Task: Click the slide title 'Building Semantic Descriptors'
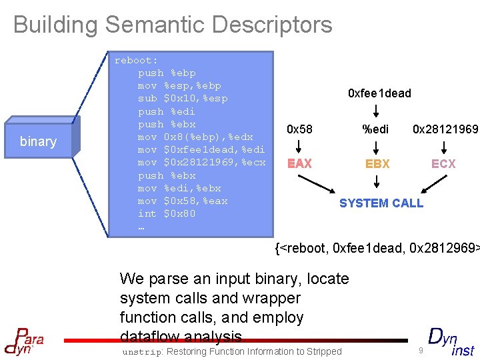[x=173, y=25]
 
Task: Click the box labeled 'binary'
[x=38, y=141]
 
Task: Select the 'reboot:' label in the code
[x=136, y=60]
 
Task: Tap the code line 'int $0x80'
[x=166, y=213]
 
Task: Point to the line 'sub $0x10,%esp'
[x=183, y=99]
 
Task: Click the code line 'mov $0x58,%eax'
[x=183, y=201]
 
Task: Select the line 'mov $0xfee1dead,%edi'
[x=201, y=149]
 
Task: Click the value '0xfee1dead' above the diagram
[x=379, y=93]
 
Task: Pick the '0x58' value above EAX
[x=299, y=129]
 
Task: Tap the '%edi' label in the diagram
[x=375, y=129]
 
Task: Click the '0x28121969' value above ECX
[x=445, y=129]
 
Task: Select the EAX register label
[x=299, y=163]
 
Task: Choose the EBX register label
[x=377, y=163]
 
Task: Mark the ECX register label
[x=443, y=163]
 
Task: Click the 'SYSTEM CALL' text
[x=381, y=203]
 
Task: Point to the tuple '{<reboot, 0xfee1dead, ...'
[x=377, y=249]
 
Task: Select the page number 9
[x=421, y=350]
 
